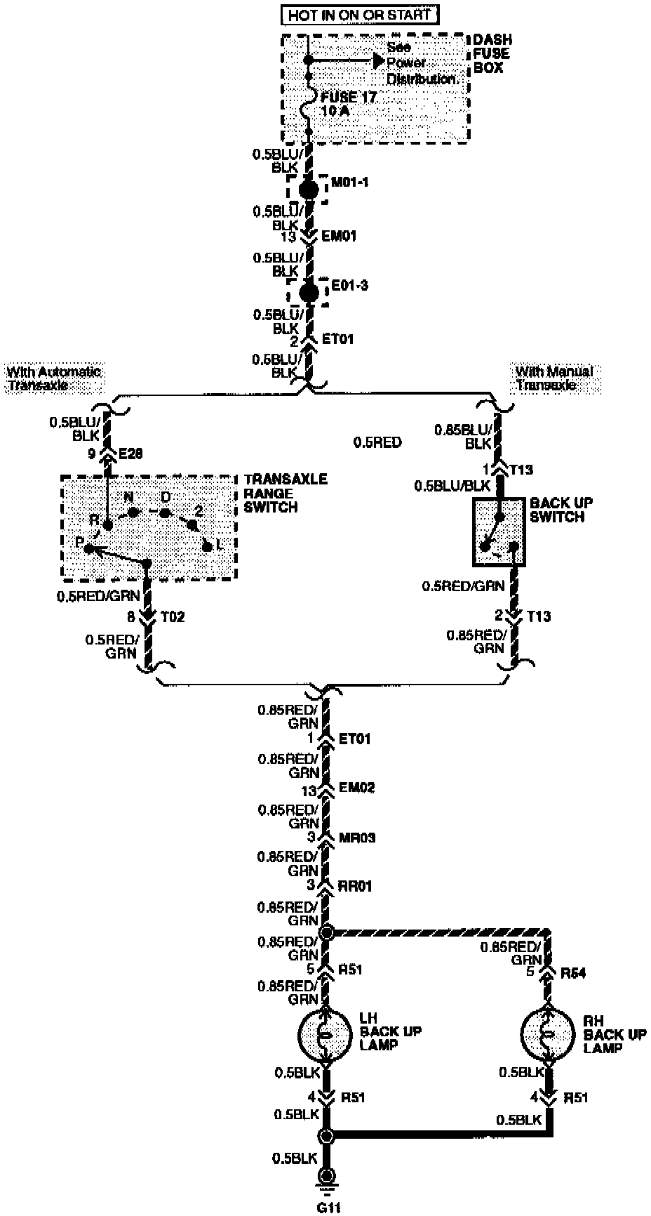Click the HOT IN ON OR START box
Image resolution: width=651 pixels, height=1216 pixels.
[x=360, y=15]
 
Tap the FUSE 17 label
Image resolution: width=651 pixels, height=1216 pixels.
[x=349, y=98]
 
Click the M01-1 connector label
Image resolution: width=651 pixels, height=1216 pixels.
[x=350, y=183]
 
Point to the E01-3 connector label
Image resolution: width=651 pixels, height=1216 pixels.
[x=349, y=286]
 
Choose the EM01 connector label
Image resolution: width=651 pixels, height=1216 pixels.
[x=339, y=237]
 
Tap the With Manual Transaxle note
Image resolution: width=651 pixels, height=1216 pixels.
[x=554, y=378]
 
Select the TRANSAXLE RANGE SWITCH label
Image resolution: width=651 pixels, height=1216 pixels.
[x=286, y=493]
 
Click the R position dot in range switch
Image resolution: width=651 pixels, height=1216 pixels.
[x=107, y=524]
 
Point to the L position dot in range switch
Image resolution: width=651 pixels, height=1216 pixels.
[x=206, y=546]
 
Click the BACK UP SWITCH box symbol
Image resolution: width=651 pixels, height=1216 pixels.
[x=498, y=531]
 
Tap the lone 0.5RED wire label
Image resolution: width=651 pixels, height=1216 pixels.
[x=377, y=442]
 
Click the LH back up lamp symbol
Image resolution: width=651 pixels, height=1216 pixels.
[x=325, y=1036]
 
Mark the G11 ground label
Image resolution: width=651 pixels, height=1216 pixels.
[x=325, y=1208]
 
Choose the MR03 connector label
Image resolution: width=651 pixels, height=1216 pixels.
[x=356, y=837]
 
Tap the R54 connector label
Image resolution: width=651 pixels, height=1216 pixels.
[x=574, y=973]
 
